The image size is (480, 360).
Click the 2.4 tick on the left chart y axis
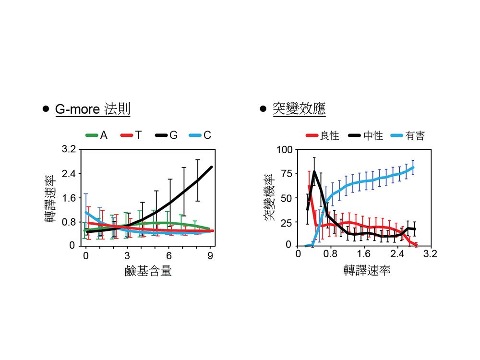point(68,173)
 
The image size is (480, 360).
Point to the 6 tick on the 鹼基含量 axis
point(168,255)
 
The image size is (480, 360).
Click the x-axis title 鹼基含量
point(148,272)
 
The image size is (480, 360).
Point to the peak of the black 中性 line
point(314,171)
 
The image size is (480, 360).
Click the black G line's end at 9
point(211,167)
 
